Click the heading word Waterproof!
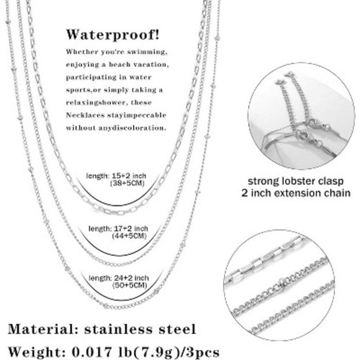pyautogui.click(x=112, y=35)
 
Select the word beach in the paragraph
pyautogui.click(x=120, y=65)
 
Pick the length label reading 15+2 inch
pyautogui.click(x=116, y=176)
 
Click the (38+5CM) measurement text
pyautogui.click(x=127, y=184)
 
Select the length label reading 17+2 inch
pyautogui.click(x=118, y=228)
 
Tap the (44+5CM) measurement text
pyautogui.click(x=129, y=236)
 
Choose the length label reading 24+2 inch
pyautogui.click(x=119, y=278)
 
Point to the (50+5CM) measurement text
pyautogui.click(x=130, y=286)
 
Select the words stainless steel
pyautogui.click(x=140, y=329)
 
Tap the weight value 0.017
pyautogui.click(x=92, y=352)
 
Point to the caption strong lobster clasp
pyautogui.click(x=296, y=181)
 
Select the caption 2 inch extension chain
pyautogui.click(x=296, y=193)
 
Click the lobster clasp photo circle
pyautogui.click(x=301, y=116)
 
